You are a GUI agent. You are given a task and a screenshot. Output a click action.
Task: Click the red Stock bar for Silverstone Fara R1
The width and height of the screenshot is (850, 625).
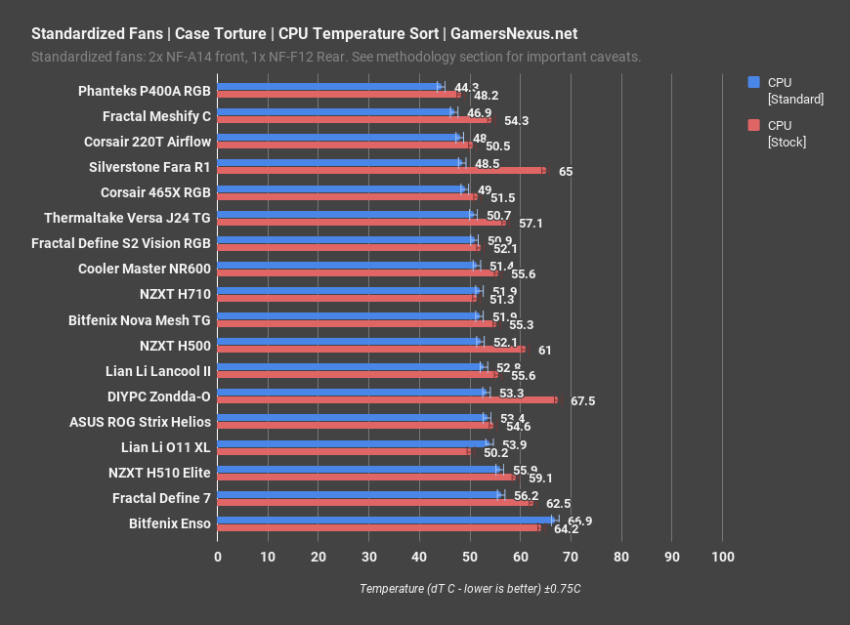(x=381, y=171)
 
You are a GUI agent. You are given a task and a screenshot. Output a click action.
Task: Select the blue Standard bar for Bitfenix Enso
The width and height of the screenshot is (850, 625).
(x=386, y=520)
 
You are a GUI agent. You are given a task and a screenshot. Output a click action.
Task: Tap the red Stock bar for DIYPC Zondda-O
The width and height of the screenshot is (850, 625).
(x=387, y=399)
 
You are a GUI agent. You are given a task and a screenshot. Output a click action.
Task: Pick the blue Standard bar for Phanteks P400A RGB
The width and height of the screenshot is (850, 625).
(x=328, y=87)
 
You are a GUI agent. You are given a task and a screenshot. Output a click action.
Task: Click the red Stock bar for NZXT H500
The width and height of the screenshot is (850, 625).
(x=371, y=349)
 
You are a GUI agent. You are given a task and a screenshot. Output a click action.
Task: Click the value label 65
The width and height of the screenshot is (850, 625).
(x=566, y=172)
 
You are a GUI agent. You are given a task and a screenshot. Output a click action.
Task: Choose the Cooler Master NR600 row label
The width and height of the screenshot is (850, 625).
(x=145, y=268)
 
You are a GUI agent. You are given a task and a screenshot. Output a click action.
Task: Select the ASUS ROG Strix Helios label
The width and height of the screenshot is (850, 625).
(x=140, y=422)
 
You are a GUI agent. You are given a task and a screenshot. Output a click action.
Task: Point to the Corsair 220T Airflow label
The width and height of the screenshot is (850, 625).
(x=148, y=142)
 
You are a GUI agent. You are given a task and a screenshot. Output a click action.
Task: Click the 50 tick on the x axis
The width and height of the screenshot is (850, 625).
(x=470, y=557)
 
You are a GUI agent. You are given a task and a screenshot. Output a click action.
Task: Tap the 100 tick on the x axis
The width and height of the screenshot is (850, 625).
(x=722, y=557)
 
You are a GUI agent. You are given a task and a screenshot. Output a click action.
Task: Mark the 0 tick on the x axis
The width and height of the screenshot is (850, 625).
(x=218, y=557)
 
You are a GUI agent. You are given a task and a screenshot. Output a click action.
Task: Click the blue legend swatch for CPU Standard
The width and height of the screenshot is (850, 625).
(x=753, y=82)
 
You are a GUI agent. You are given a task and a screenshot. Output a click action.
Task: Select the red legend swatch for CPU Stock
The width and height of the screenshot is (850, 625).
(x=753, y=125)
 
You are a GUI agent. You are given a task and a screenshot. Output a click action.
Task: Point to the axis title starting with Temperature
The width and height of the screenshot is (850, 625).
(x=470, y=589)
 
